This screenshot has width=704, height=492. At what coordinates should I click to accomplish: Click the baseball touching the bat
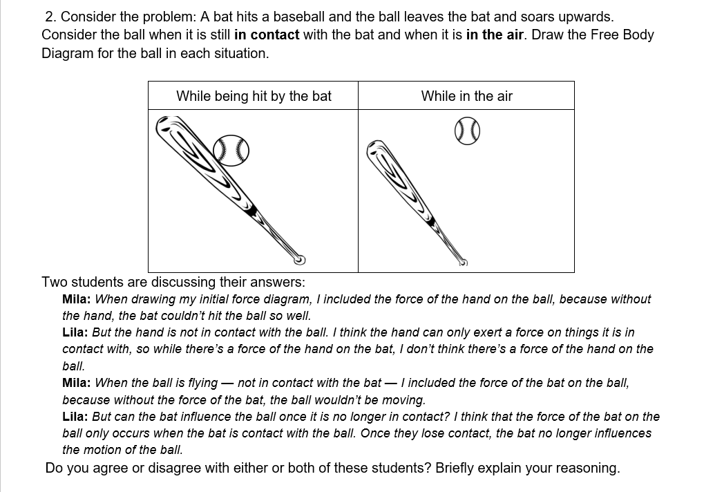(231, 149)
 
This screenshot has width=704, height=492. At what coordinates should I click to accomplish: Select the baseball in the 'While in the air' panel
(467, 131)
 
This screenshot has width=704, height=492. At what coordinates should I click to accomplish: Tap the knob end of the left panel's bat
(299, 260)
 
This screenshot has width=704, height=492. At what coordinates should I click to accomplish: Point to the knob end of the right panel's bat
(463, 263)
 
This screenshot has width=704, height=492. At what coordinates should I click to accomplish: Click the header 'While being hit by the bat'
(254, 96)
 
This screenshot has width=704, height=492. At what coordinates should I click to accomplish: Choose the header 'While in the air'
(466, 96)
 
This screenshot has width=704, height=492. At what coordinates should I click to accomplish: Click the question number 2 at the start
(50, 16)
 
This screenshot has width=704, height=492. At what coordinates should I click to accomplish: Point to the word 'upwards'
(584, 16)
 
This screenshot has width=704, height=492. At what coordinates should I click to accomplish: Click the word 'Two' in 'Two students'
(54, 282)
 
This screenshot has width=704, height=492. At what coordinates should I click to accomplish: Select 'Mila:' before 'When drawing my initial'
(77, 299)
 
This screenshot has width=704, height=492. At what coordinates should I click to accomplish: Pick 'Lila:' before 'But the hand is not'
(75, 332)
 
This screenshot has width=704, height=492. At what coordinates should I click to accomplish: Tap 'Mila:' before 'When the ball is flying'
(77, 383)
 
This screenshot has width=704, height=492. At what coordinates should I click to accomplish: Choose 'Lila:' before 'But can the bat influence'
(75, 417)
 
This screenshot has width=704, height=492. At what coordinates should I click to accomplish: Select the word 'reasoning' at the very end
(585, 468)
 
